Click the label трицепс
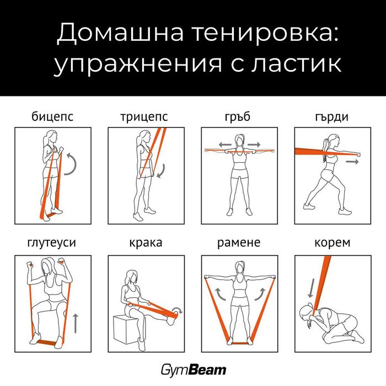(144, 117)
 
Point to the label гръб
(239, 117)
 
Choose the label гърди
(333, 117)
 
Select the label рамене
(239, 243)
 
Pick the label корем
(333, 243)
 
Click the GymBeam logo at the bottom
(192, 369)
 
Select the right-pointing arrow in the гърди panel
(352, 162)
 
